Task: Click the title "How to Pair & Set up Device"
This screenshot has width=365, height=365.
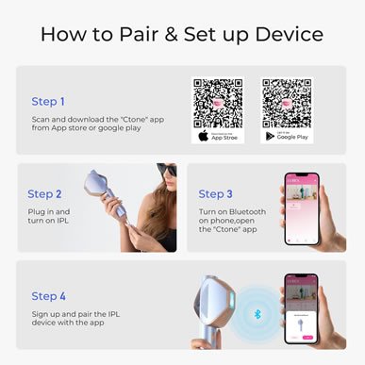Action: [x=182, y=35]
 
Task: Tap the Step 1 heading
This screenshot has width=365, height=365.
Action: [x=49, y=100]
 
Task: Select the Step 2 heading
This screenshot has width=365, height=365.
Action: [x=45, y=193]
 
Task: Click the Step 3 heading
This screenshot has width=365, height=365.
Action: [x=217, y=193]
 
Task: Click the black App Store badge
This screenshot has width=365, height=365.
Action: [x=218, y=136]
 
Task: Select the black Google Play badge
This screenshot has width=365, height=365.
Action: [x=287, y=136]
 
